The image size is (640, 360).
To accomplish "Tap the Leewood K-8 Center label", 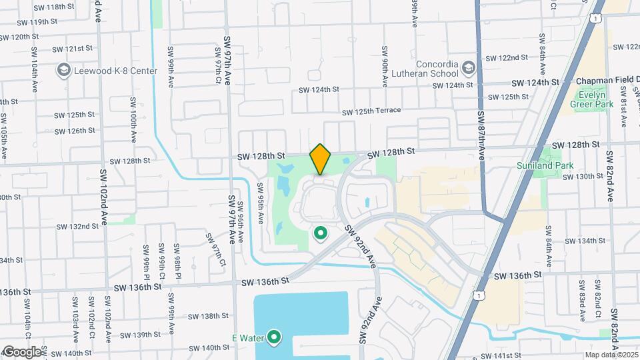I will tap(116, 71).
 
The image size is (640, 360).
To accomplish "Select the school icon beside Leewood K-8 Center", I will tap(64, 69).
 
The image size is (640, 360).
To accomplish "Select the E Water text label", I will tap(245, 337).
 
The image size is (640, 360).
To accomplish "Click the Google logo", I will tap(22, 352).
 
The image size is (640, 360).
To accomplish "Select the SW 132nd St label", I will tap(77, 227).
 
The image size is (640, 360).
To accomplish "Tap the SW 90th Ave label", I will tap(385, 67).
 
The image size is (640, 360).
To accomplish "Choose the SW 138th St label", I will tap(207, 316).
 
